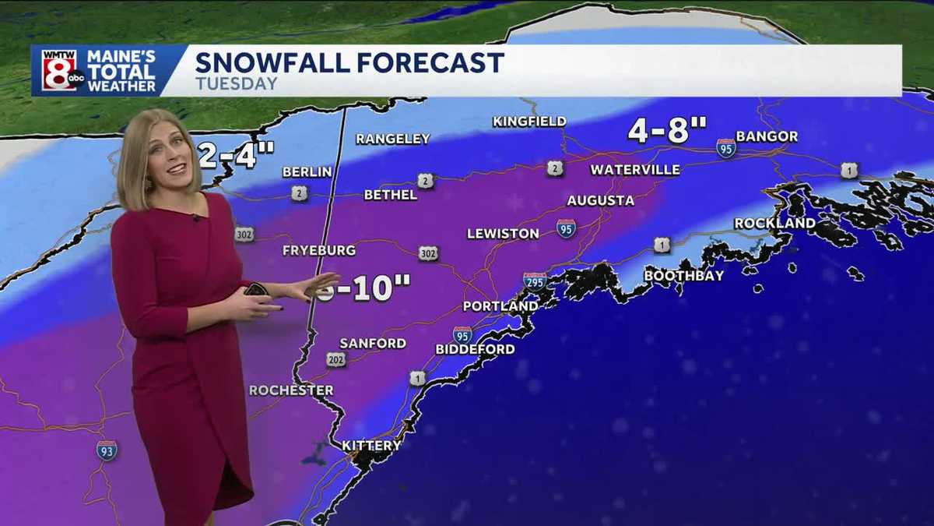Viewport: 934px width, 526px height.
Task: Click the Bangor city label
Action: [x=767, y=136]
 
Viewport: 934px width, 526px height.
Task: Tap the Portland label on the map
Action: [x=500, y=306]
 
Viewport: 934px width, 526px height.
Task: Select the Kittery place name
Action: [x=371, y=446]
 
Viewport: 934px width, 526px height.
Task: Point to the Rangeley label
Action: [x=392, y=139]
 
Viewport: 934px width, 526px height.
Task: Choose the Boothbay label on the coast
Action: [x=683, y=276]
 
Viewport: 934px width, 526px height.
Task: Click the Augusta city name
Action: [x=600, y=200]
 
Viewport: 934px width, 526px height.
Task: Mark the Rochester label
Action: [x=291, y=390]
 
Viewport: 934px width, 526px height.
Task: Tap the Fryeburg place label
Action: [x=318, y=250]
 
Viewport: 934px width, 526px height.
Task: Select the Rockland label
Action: [x=774, y=224]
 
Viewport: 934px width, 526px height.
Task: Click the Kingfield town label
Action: [x=528, y=122]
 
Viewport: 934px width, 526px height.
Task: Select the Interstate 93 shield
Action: [x=107, y=450]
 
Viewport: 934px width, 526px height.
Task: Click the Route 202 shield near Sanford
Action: [x=336, y=359]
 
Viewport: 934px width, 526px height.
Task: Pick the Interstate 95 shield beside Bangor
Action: [x=726, y=148]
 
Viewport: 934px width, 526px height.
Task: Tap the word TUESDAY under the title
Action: [x=236, y=83]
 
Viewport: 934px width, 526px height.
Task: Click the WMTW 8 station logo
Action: [x=59, y=70]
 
